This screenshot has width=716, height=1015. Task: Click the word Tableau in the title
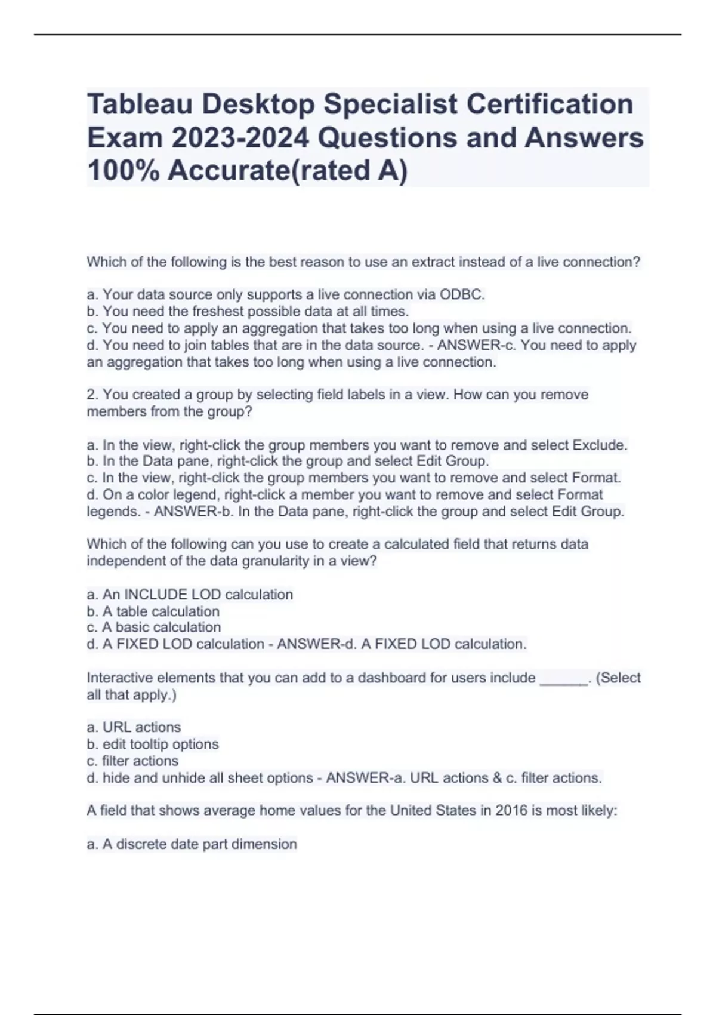coord(140,104)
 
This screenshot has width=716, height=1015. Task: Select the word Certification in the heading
coord(550,104)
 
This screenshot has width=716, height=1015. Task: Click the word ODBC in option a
coord(461,294)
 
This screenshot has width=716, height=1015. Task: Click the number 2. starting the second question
coord(93,395)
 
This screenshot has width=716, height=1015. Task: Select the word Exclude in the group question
coord(600,445)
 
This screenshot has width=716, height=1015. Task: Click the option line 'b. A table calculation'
coord(153,611)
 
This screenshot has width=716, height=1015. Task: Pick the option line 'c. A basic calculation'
coord(153,628)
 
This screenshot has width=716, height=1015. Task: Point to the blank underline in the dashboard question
coord(563,678)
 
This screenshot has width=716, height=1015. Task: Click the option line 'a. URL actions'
coord(134,727)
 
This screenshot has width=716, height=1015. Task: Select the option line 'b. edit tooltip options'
coord(153,744)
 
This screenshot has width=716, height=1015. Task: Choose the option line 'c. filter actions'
coord(132,761)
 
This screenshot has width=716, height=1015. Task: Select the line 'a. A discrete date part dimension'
coord(192,844)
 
